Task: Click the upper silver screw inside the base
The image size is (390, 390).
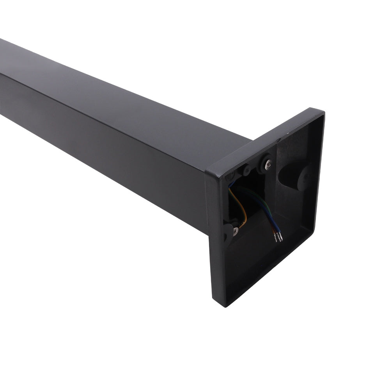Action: [x=268, y=166]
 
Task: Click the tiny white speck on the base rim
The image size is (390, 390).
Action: [x=289, y=133]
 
